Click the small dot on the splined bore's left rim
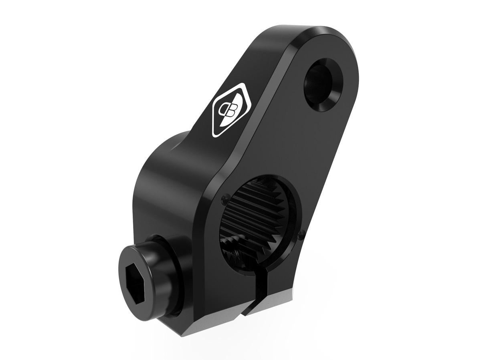pos(222,197)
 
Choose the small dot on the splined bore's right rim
pos(301,231)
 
